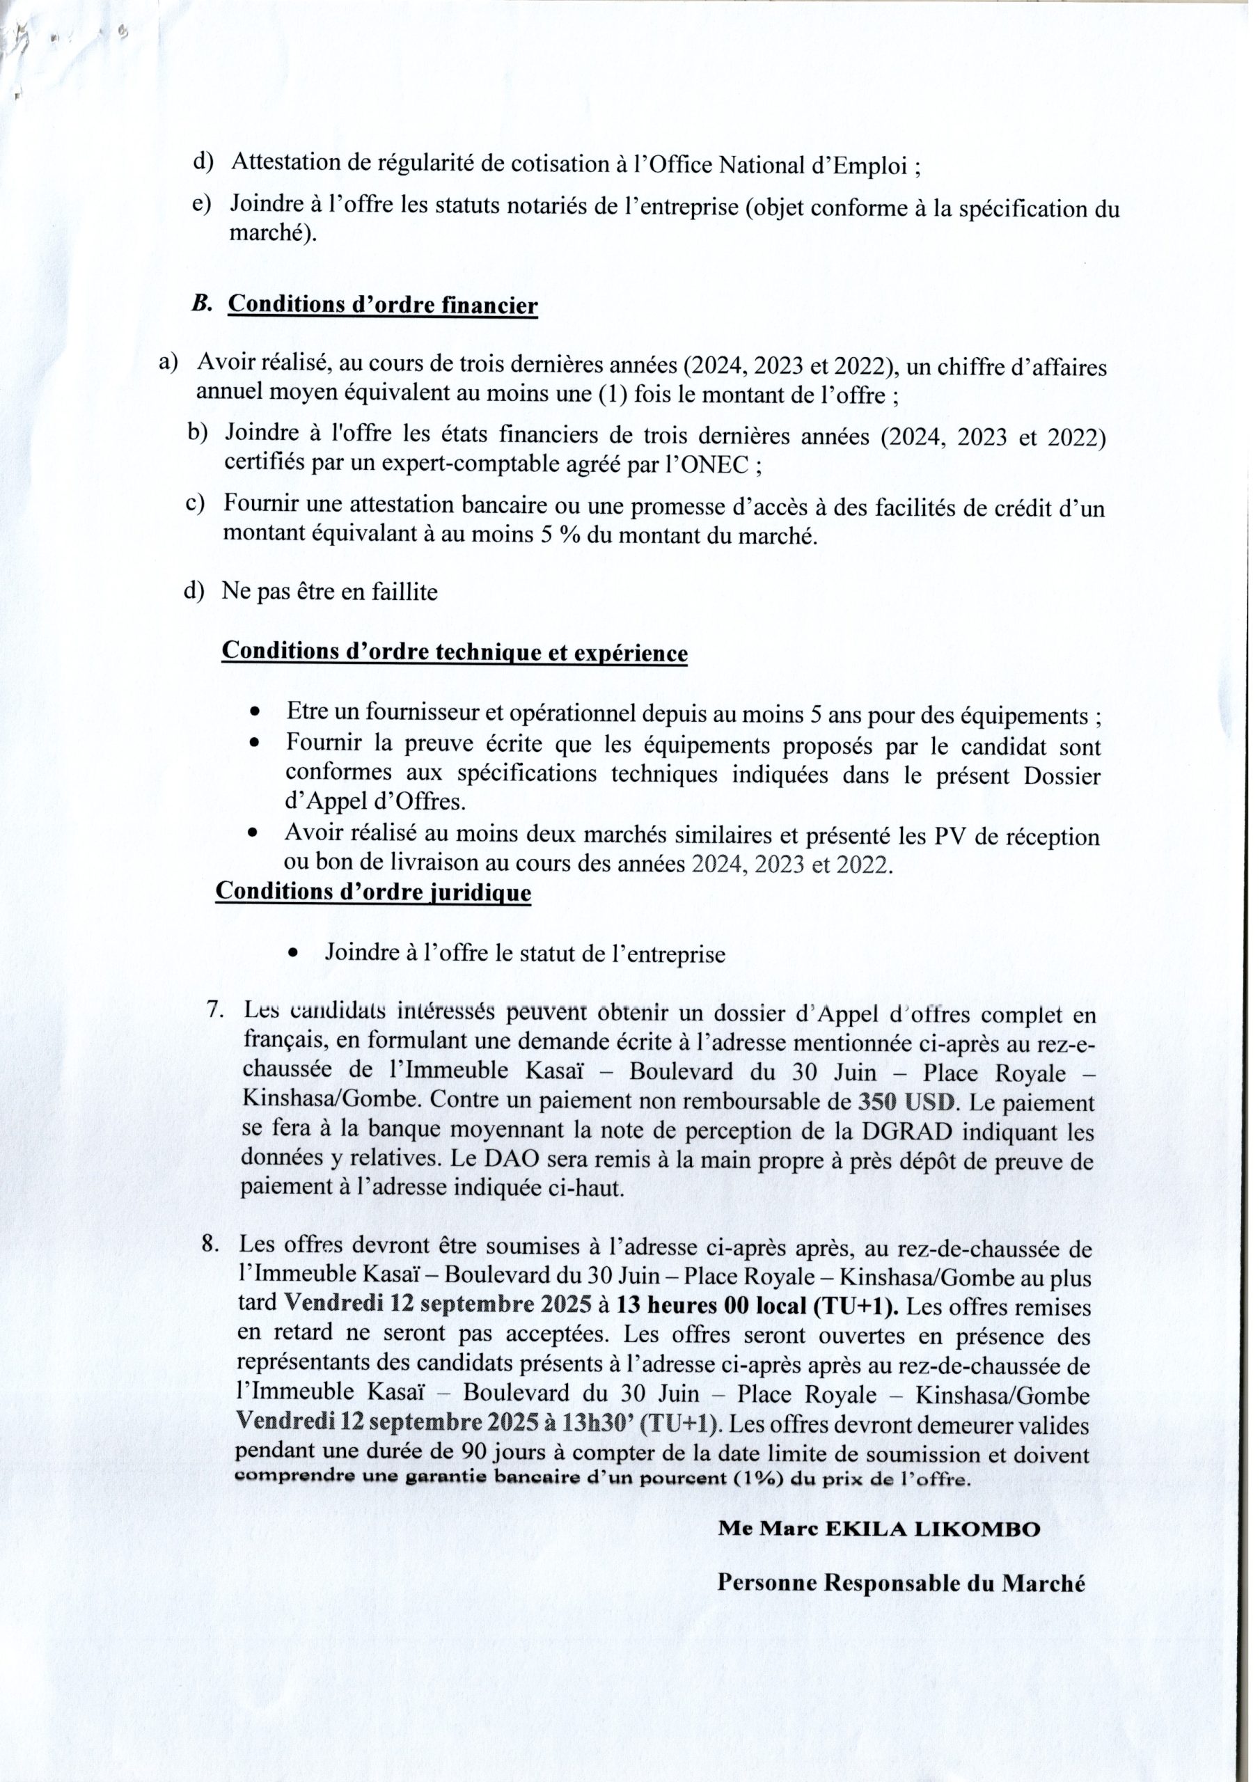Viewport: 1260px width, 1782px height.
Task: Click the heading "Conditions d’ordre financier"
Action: click(x=382, y=305)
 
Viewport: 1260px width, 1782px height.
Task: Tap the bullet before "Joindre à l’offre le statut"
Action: click(x=292, y=953)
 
